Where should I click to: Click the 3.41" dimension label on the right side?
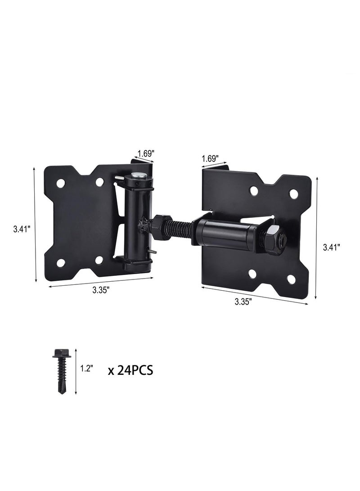tap(332, 247)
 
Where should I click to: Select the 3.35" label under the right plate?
tap(243, 302)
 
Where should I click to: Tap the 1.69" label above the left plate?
tap(146, 153)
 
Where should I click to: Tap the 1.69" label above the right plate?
tap(210, 158)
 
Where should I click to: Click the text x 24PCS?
tap(131, 370)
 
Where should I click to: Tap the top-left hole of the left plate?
tap(60, 183)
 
